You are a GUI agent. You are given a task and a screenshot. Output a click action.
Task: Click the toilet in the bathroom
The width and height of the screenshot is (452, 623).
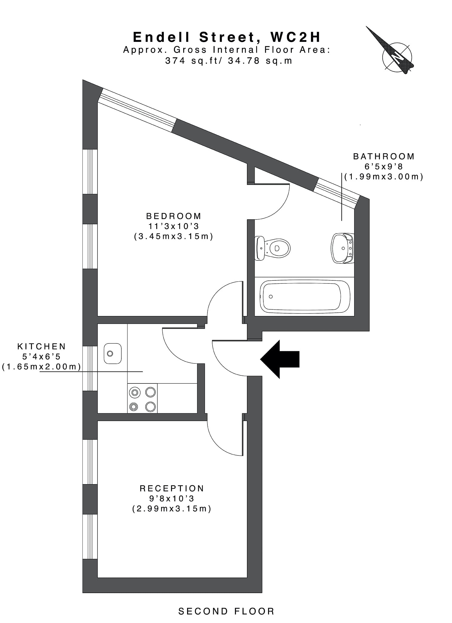pyautogui.click(x=273, y=248)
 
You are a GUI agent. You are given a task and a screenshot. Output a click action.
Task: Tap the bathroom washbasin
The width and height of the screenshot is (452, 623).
pyautogui.click(x=343, y=248)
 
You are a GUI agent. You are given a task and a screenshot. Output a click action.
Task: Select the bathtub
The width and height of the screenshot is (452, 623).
pyautogui.click(x=305, y=297)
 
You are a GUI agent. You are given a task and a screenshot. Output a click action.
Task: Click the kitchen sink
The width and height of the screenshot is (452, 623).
pyautogui.click(x=112, y=354)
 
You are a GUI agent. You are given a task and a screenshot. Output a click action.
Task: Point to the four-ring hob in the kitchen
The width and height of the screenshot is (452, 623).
pyautogui.click(x=142, y=398)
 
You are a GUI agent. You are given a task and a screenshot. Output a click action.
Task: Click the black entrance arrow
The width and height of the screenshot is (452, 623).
pyautogui.click(x=280, y=359)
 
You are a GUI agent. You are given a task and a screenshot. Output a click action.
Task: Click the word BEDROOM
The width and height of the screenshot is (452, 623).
pyautogui.click(x=174, y=216)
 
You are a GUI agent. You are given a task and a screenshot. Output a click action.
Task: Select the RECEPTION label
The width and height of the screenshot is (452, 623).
pyautogui.click(x=172, y=489)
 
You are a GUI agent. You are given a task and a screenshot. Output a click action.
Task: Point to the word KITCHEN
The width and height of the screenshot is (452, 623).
pyautogui.click(x=42, y=346)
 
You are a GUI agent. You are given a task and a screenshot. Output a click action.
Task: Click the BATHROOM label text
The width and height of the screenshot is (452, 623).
pyautogui.click(x=384, y=156)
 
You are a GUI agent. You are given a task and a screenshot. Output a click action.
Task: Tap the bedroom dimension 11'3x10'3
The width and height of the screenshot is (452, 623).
pyautogui.click(x=174, y=226)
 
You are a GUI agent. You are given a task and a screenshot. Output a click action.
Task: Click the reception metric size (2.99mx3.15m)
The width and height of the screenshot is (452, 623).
pyautogui.click(x=172, y=509)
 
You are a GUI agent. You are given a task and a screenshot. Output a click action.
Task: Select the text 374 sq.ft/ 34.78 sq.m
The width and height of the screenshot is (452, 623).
pyautogui.click(x=229, y=61)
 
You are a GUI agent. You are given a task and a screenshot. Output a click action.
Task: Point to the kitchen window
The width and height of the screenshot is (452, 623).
pyautogui.click(x=90, y=368)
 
